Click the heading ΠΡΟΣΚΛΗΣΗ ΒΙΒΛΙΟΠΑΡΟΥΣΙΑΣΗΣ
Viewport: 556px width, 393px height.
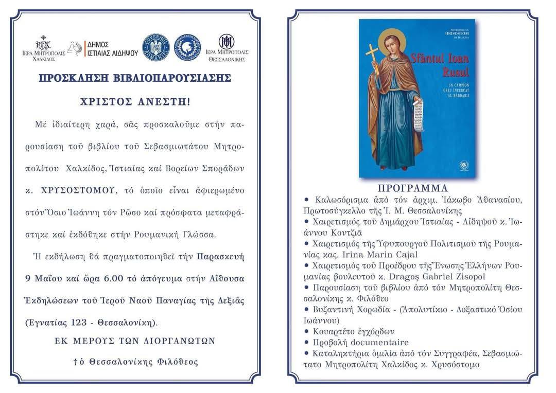[x=135, y=78]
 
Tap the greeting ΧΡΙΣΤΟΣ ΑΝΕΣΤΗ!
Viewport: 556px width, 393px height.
[x=135, y=101]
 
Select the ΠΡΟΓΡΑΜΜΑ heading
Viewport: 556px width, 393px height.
[x=412, y=187]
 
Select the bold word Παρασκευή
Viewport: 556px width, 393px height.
[x=222, y=256]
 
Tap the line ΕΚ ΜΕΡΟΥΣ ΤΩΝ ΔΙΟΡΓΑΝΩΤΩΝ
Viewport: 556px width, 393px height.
[x=135, y=341]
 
